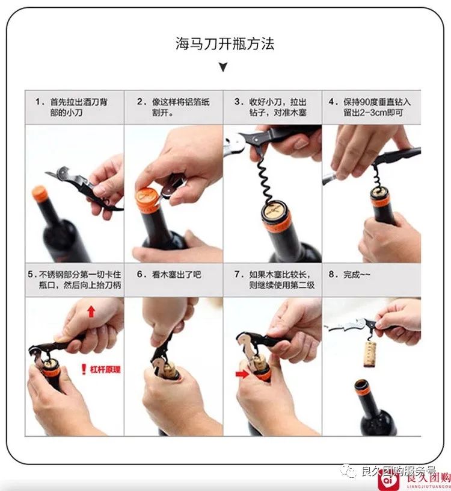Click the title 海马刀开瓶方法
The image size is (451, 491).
pos(225,43)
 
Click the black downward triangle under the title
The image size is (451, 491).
pos(223,67)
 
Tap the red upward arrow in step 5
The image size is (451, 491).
pos(91,311)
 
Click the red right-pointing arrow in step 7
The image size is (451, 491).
pos(242,374)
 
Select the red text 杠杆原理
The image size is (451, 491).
pos(105,369)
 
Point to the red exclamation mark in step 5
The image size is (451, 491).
pos(84,369)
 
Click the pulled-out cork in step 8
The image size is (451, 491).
pos(370,354)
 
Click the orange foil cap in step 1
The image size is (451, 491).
pos(40,193)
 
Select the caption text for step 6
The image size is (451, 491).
pos(169,275)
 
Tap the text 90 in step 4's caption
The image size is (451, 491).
pos(365,102)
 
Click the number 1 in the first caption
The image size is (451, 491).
pos(38,102)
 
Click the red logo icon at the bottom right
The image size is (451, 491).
pos(387,479)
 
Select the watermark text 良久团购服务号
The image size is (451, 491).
pos(399,471)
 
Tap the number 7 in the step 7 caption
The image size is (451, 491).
pos(237,274)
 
